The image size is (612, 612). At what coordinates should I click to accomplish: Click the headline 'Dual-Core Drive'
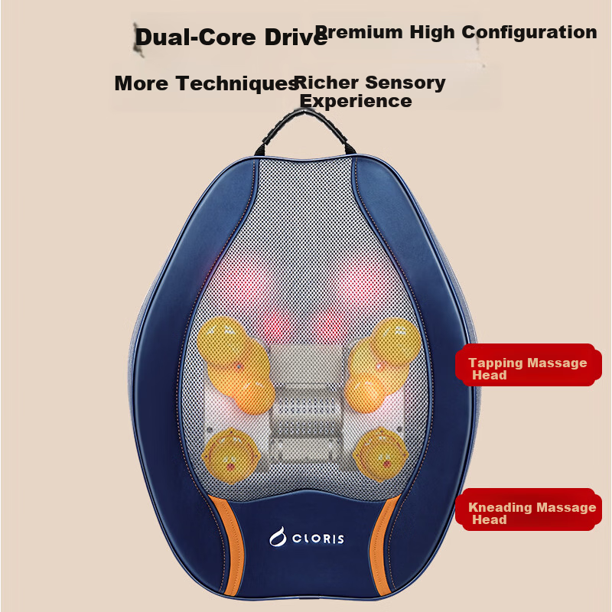(x=231, y=37)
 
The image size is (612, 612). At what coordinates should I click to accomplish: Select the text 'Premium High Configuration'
(x=456, y=32)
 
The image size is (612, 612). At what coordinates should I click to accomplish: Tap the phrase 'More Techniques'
(x=207, y=83)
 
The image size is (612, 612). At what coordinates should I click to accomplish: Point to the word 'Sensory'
(x=405, y=83)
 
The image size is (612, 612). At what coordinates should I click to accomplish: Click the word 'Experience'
(x=356, y=101)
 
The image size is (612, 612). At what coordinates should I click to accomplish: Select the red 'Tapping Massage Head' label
(x=529, y=365)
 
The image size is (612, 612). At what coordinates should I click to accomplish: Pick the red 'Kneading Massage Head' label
(x=529, y=509)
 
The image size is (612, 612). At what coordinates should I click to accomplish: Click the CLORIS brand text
(x=318, y=539)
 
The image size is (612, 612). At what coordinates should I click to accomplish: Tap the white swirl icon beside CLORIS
(x=278, y=537)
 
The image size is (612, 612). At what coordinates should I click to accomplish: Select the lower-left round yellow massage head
(x=231, y=454)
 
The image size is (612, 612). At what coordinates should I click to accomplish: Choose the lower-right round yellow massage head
(x=380, y=454)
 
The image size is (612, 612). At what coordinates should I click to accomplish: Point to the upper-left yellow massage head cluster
(x=236, y=365)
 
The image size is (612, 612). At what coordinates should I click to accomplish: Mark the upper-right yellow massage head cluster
(x=382, y=364)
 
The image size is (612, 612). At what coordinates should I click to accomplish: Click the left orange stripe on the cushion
(x=229, y=546)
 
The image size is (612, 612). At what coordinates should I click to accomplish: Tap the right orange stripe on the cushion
(x=384, y=545)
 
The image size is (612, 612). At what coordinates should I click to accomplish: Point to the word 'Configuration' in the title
(x=529, y=32)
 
